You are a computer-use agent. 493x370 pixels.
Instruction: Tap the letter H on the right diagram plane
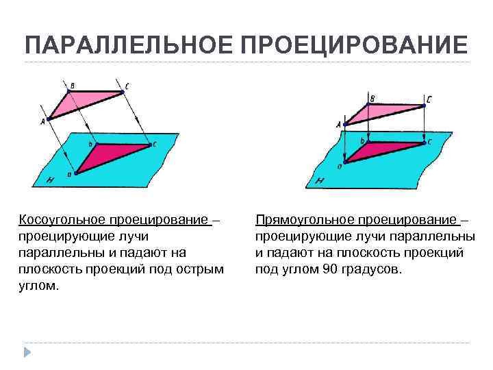pos(320,180)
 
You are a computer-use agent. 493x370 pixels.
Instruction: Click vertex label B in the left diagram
pos(73,85)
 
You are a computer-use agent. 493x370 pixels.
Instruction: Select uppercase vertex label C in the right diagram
pos(429,99)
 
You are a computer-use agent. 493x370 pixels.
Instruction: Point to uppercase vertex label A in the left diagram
pos(42,122)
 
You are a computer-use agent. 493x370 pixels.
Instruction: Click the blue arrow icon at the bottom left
pos(27,352)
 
